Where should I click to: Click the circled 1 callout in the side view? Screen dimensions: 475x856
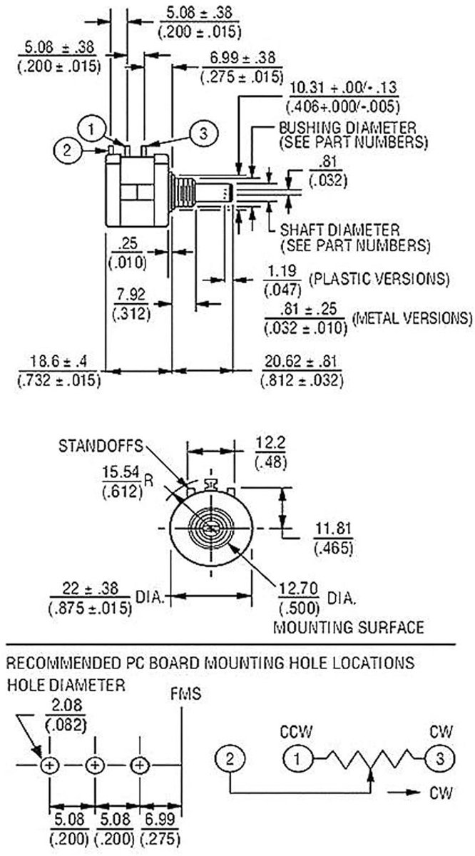tap(91, 129)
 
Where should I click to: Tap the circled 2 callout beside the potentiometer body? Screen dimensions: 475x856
tap(67, 151)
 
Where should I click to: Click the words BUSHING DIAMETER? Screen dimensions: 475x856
tap(347, 128)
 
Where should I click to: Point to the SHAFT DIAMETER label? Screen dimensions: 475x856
tap(339, 230)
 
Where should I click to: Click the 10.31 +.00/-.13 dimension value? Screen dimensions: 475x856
tap(343, 88)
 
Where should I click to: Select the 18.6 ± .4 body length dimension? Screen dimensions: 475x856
tap(58, 361)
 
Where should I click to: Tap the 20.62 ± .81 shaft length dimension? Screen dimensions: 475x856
tap(301, 361)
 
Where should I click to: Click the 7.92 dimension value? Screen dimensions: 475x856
tap(131, 295)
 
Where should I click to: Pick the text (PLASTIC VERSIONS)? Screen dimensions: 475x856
tap(379, 279)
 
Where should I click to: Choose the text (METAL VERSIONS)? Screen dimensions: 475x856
tap(412, 318)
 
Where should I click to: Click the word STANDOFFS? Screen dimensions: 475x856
tap(101, 446)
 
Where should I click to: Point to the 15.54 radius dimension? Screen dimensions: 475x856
tap(121, 472)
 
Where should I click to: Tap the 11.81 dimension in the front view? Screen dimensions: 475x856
tap(333, 529)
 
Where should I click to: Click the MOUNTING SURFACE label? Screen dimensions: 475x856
tap(349, 628)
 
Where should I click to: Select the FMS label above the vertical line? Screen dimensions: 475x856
tap(185, 693)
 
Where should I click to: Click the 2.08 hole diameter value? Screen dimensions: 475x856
tap(66, 705)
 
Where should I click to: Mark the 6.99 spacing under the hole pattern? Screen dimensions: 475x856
tap(160, 820)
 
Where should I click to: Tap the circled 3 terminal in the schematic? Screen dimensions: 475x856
tap(440, 759)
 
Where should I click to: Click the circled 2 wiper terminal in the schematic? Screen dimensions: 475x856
tap(230, 759)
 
